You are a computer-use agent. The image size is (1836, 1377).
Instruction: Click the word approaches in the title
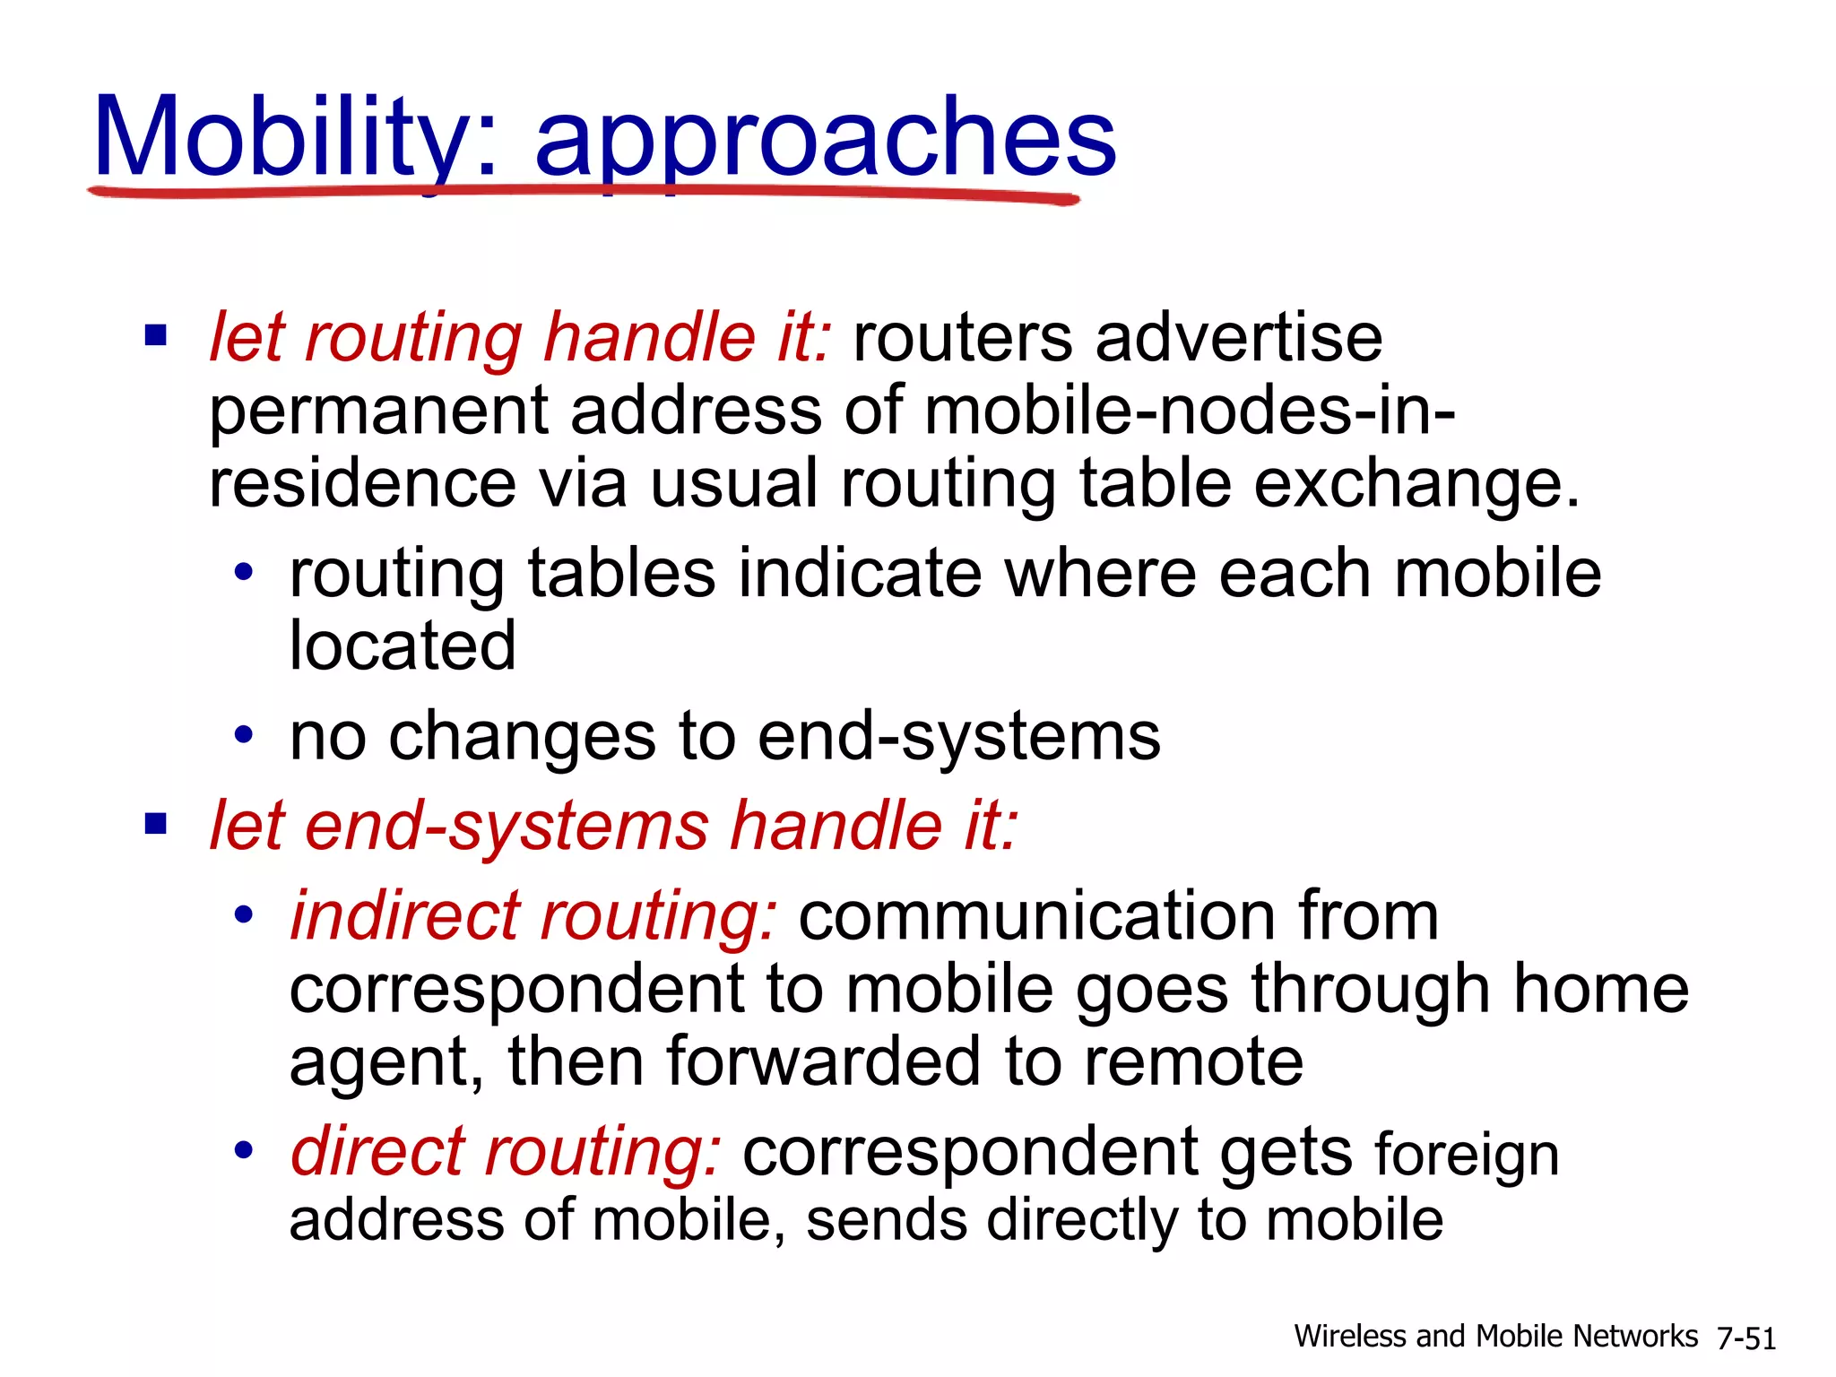825,139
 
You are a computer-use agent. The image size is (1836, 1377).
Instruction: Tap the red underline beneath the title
583,192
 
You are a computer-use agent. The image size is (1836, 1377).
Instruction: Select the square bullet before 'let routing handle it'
156,336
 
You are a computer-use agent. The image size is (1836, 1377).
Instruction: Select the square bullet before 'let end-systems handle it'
156,823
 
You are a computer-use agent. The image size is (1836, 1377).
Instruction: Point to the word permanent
377,411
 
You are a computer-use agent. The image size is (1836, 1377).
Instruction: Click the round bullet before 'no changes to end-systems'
244,736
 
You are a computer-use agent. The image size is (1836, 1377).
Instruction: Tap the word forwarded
823,1061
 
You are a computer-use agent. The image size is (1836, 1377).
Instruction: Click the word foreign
1467,1155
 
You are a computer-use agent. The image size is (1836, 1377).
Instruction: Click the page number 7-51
1745,1338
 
